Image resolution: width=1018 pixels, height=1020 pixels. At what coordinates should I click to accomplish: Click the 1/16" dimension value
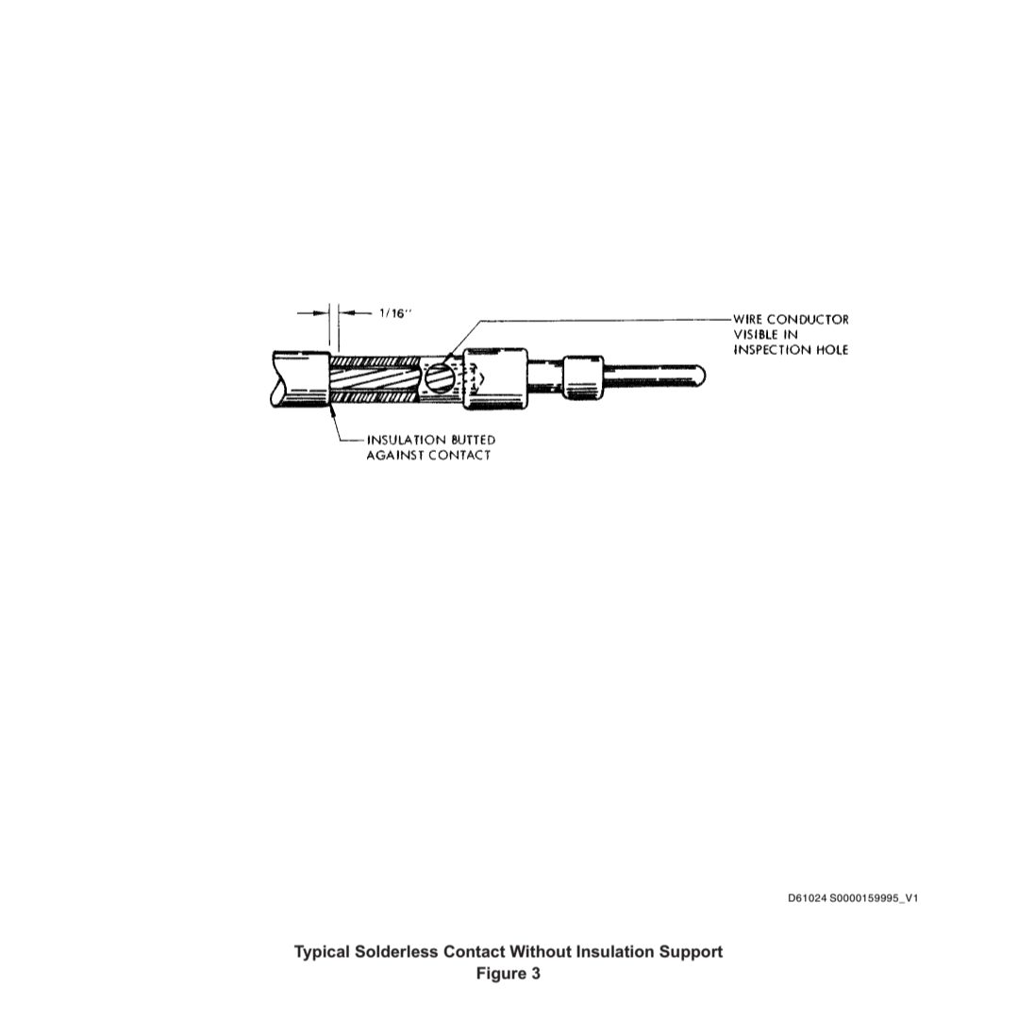click(396, 313)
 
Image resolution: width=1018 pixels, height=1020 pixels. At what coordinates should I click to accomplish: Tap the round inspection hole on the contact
click(439, 377)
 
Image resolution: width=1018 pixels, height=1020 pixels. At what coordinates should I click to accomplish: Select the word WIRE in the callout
click(747, 320)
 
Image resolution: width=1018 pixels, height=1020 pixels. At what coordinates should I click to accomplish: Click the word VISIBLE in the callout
click(756, 334)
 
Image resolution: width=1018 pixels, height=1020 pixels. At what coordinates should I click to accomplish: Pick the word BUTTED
click(473, 441)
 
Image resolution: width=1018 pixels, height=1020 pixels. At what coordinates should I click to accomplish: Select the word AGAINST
click(395, 456)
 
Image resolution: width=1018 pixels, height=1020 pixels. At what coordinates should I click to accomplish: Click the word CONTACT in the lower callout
click(459, 456)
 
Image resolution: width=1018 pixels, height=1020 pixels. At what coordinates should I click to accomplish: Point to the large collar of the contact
click(495, 379)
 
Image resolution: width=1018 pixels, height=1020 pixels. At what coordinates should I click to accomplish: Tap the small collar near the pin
click(583, 377)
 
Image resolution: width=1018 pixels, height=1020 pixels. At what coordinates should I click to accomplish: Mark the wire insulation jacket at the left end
click(301, 379)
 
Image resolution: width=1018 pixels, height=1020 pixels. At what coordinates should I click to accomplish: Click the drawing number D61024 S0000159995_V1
click(853, 898)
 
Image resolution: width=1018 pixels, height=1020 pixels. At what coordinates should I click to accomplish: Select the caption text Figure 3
click(508, 974)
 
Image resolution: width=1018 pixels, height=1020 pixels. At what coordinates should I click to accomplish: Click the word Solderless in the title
click(396, 952)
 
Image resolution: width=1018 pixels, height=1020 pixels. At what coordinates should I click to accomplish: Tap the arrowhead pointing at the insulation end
click(333, 410)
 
